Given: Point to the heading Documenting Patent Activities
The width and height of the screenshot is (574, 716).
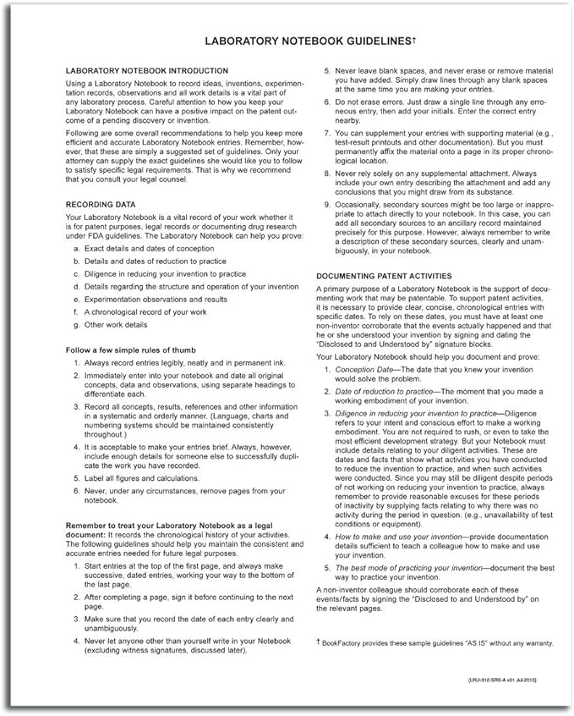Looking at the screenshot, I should (x=384, y=276).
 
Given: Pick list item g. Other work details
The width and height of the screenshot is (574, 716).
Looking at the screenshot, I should (x=111, y=325).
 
